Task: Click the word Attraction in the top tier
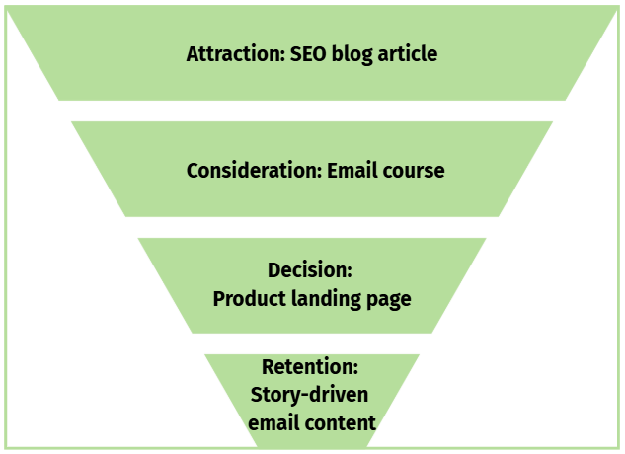[234, 53]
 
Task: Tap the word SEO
[310, 53]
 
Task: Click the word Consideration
[252, 170]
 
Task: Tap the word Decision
[308, 270]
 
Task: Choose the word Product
[248, 298]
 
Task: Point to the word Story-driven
[309, 395]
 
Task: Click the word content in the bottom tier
[339, 422]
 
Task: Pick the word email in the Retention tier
[273, 422]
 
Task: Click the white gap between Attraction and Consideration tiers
[312, 111]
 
